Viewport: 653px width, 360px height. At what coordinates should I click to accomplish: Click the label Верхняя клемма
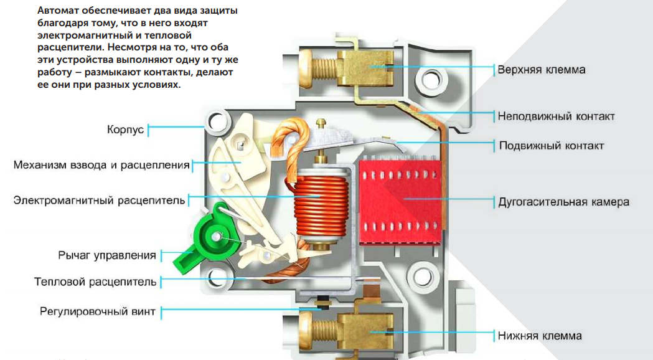pos(541,69)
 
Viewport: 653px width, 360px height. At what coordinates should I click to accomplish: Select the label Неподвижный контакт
pos(556,116)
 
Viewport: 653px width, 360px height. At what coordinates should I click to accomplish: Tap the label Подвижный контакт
pos(552,146)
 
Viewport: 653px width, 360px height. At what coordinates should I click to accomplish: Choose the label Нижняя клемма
pos(540,336)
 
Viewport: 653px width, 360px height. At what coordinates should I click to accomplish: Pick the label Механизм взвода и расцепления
pos(101,165)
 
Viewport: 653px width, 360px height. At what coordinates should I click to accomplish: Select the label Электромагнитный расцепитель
pos(100,200)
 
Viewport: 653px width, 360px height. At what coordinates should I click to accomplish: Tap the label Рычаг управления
pos(107,255)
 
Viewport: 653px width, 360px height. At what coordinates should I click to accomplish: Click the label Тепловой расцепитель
pos(95,282)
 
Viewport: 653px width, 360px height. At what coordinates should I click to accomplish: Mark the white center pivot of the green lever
pos(217,237)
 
